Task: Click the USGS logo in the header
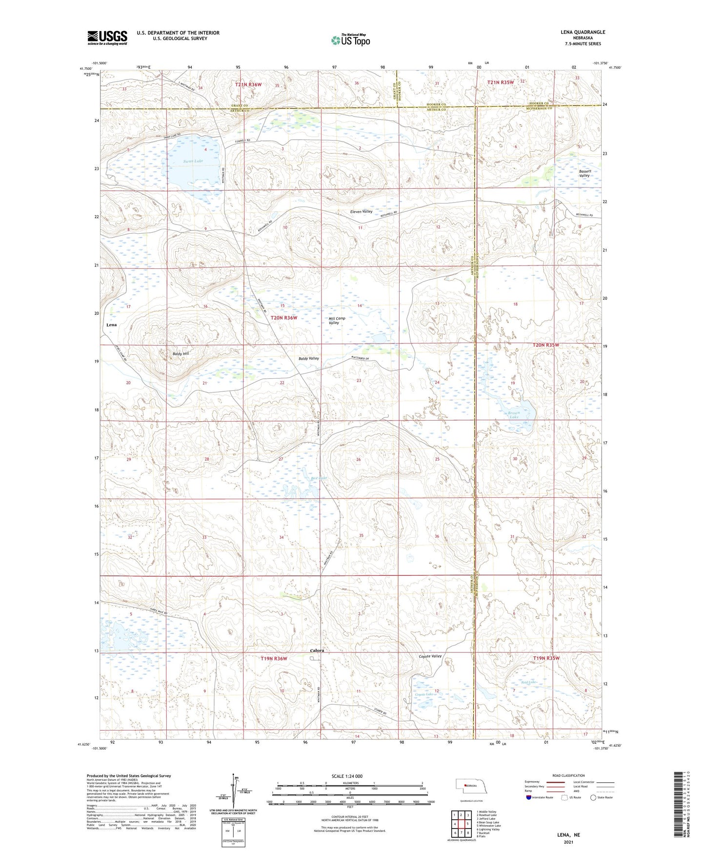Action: (107, 37)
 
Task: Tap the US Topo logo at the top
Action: (350, 40)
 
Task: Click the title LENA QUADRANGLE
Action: (583, 32)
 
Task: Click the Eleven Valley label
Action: (361, 212)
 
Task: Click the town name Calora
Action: (317, 650)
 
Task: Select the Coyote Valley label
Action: (430, 656)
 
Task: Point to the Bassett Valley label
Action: (584, 173)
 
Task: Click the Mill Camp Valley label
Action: (337, 321)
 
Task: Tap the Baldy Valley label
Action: (308, 359)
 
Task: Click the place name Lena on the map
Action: (111, 325)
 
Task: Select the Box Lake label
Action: (318, 478)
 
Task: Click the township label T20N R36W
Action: (284, 318)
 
